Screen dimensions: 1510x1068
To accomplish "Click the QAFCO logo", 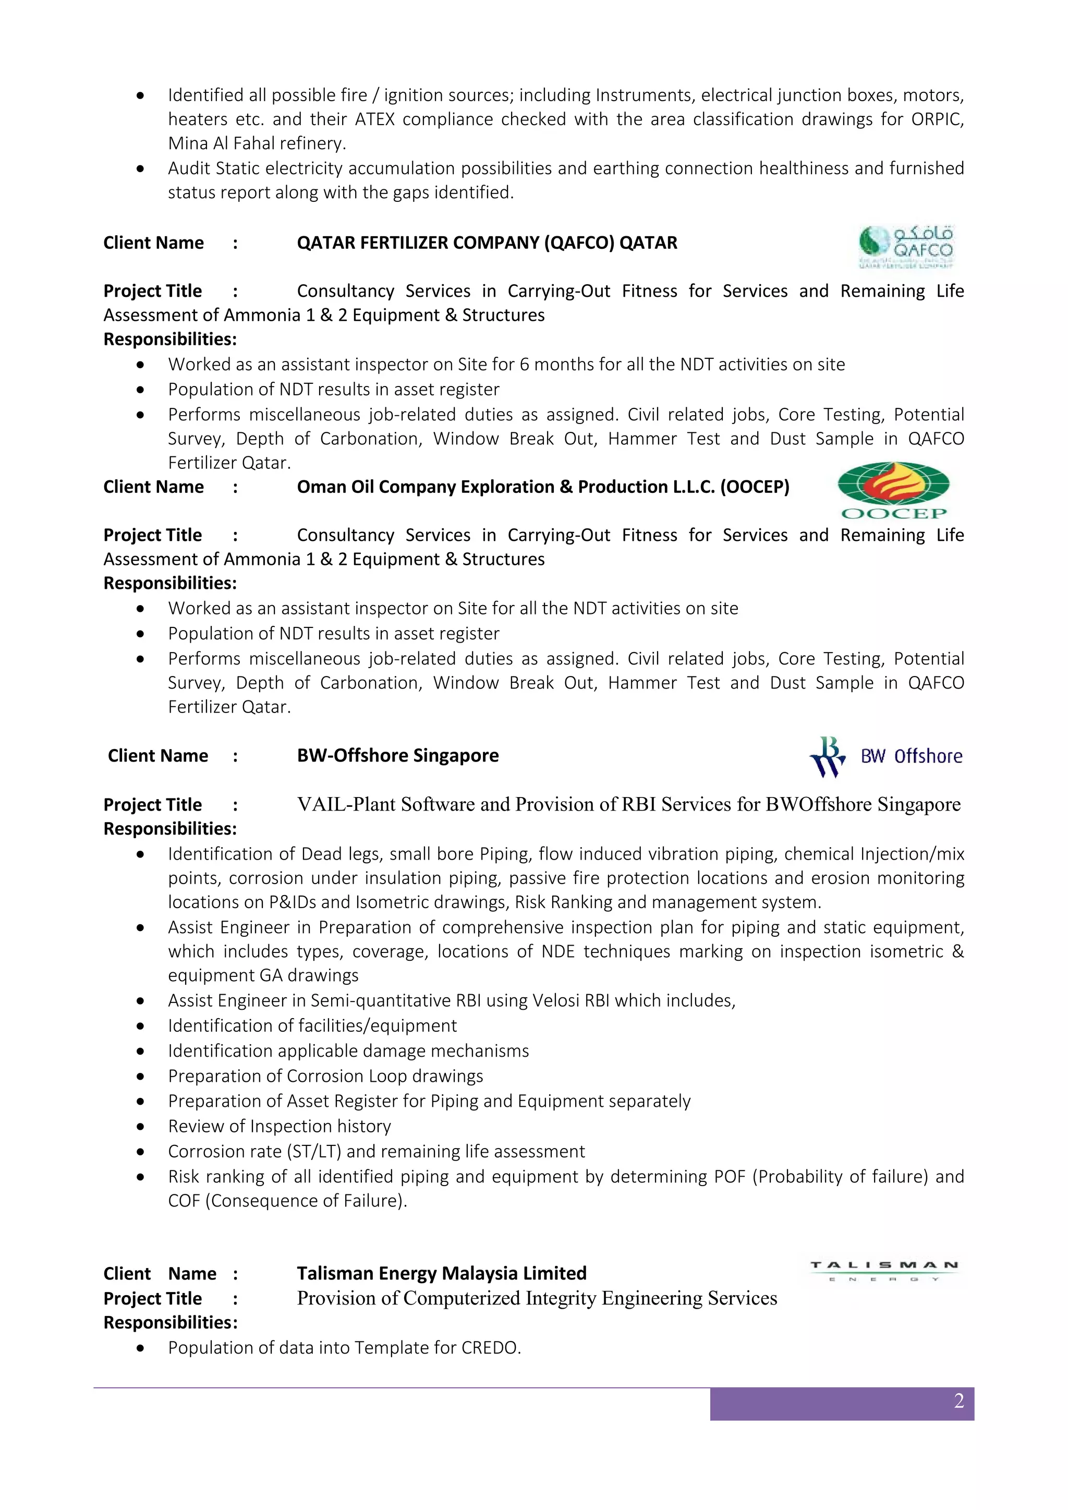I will (906, 246).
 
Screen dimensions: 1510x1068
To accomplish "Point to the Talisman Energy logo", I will (884, 1271).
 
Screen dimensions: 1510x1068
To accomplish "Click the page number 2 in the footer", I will (959, 1401).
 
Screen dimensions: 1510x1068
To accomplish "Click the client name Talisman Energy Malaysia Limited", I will (441, 1273).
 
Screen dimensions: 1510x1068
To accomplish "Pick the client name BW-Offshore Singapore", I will (397, 756).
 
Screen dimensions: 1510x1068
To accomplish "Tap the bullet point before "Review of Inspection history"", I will (140, 1127).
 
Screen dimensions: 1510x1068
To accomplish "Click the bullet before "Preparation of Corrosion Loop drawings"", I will (140, 1077).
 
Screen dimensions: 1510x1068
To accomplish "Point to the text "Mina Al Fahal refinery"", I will (256, 143).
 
